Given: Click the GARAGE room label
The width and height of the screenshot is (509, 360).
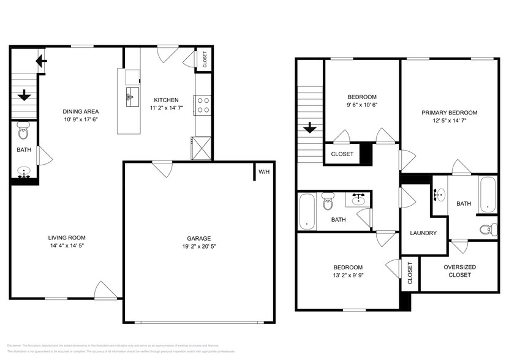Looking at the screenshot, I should pos(199,238).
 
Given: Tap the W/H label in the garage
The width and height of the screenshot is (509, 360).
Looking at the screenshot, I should pos(264,172).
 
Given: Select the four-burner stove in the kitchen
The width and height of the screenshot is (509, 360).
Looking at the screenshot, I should pos(203,105).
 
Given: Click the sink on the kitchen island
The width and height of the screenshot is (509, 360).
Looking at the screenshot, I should pos(132,95).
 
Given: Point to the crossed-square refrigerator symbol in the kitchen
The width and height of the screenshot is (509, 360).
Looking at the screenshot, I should pos(202,147).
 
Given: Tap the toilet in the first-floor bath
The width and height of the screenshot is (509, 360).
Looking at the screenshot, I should pos(23,130).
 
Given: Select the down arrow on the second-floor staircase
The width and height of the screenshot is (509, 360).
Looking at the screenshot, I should pos(310,128).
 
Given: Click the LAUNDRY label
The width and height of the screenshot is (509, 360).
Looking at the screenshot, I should pos(423,233).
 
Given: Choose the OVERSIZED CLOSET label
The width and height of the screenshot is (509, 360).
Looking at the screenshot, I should pos(459,271).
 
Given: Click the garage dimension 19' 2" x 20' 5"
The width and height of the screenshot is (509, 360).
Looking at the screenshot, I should pos(199,247).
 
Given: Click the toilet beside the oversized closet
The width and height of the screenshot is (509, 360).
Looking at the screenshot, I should pos(487,230).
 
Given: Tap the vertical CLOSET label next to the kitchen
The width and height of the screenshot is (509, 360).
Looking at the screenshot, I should pos(205,60).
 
